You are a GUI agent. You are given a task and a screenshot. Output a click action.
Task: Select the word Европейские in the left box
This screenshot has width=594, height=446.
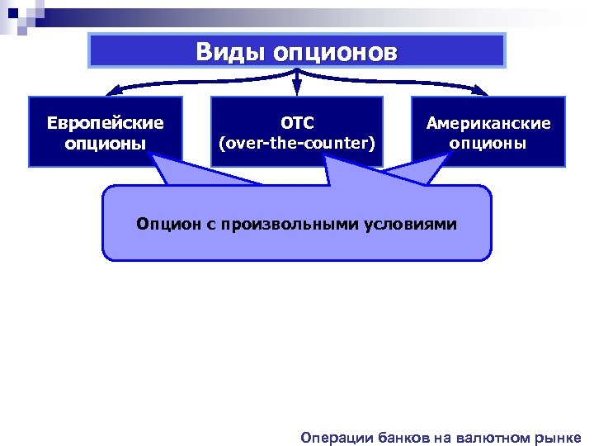coord(106,123)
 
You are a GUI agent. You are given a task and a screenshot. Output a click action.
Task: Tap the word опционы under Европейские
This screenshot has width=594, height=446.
coord(106,143)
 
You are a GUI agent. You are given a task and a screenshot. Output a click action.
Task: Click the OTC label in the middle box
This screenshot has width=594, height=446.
coord(297,123)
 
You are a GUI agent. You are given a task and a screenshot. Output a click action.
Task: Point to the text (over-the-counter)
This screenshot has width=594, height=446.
coord(297,143)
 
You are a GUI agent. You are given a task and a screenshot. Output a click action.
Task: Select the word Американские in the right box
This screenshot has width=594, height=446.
coord(488,123)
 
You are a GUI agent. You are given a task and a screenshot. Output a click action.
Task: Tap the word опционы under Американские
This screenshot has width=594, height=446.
coord(488,143)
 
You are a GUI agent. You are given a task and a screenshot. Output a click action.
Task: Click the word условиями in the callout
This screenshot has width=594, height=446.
coord(412,224)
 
